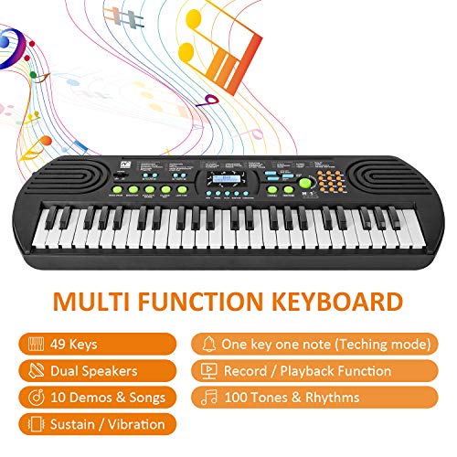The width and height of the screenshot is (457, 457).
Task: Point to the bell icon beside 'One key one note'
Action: tap(208, 345)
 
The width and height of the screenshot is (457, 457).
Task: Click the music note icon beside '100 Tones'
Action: tap(208, 398)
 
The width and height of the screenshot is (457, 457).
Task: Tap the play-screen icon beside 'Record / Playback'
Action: tap(208, 371)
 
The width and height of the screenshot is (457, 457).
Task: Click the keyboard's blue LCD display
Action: tap(225, 179)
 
